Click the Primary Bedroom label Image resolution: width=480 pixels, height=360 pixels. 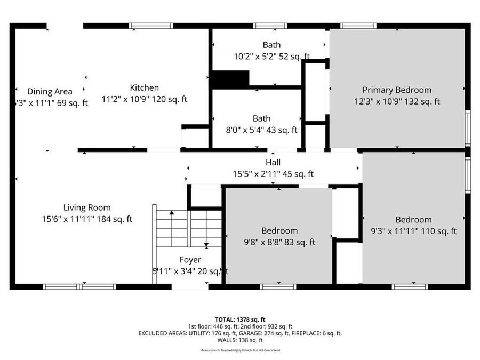point(397,90)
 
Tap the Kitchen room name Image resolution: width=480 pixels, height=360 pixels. point(144,87)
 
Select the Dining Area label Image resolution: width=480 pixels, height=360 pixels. point(50,91)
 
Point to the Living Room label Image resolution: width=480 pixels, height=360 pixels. point(87,207)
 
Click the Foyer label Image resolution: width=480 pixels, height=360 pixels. point(190,260)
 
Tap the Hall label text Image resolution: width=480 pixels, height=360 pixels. point(273,162)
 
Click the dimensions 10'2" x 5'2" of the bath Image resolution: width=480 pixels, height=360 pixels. point(271,56)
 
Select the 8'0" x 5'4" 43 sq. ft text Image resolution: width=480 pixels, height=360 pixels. point(261,130)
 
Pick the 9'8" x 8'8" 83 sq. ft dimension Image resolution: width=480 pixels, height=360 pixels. point(279,242)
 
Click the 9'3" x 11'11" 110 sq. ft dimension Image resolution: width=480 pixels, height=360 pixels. point(413,231)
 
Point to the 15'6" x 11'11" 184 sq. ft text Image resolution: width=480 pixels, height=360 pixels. point(87,219)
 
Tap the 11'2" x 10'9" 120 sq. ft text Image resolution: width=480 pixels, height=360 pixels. point(144,99)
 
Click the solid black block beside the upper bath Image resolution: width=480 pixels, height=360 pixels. point(230,79)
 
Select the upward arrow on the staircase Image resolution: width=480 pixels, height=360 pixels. point(172,214)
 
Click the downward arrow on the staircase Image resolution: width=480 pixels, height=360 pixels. point(206,245)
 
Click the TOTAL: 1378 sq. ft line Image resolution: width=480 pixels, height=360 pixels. point(239,319)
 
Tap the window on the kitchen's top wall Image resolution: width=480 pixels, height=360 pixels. point(151,26)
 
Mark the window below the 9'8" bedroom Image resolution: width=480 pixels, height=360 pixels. point(278,287)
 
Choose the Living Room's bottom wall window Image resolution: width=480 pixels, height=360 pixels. point(79,287)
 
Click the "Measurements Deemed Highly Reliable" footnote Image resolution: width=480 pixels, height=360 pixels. point(239,350)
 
